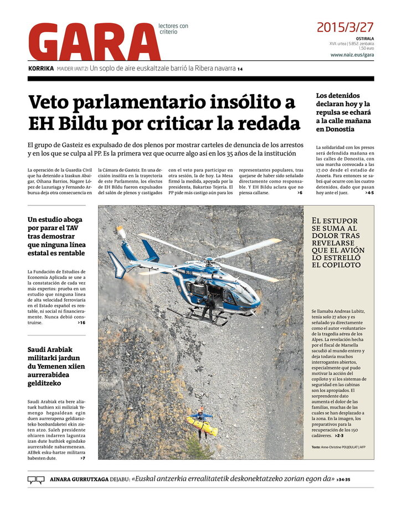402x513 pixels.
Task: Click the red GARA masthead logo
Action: click(94, 42)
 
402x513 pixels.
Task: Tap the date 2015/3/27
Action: click(344, 27)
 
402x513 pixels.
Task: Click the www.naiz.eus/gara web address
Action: click(352, 55)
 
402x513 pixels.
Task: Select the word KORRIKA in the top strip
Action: click(41, 69)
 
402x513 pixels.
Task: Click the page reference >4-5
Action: click(369, 193)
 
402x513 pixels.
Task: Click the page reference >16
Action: click(81, 322)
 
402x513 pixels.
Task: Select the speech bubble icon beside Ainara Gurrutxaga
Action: click(36, 480)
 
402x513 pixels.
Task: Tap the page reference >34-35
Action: click(344, 480)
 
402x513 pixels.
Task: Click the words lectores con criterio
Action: click(173, 29)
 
